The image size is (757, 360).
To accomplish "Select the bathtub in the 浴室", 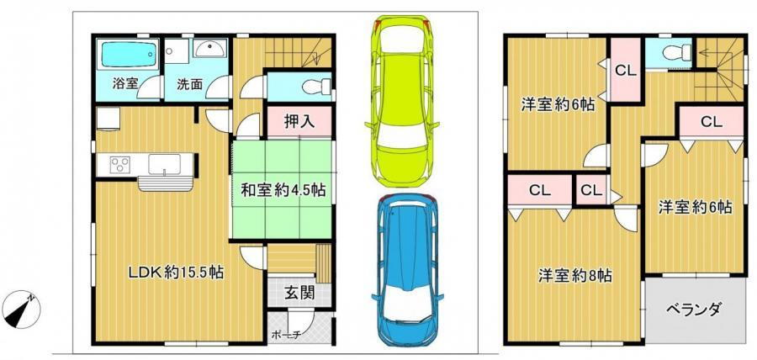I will click(x=127, y=57).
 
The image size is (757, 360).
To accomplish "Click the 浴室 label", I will click(x=126, y=84).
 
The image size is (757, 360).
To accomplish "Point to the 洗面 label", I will click(x=188, y=84).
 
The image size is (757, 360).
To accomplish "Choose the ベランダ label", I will click(x=695, y=309).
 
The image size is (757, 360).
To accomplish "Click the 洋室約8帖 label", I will click(x=575, y=275).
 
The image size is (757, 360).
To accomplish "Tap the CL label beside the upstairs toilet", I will click(x=625, y=71).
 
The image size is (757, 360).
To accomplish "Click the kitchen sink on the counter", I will click(x=164, y=162).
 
